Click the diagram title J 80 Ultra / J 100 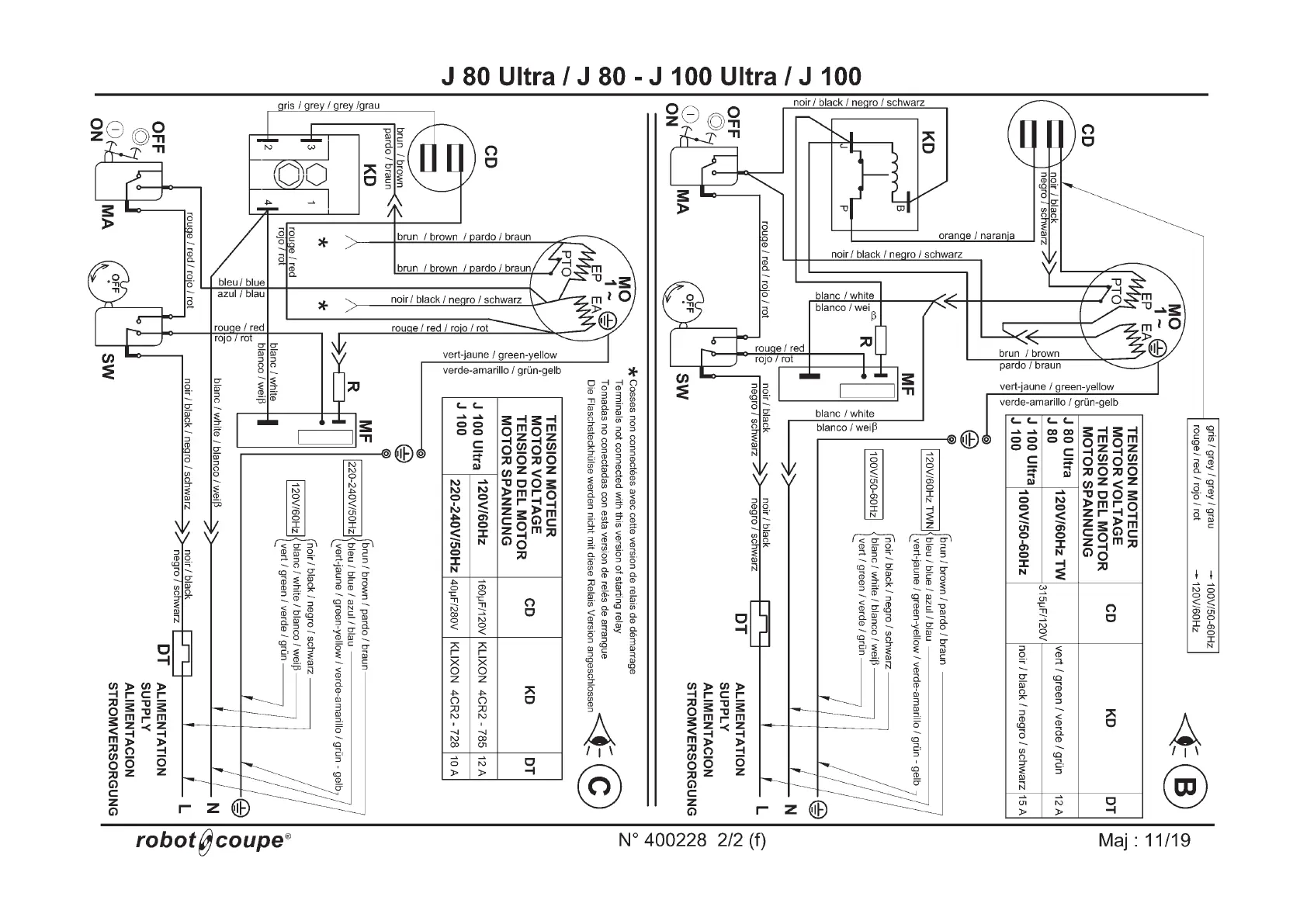650,76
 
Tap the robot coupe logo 213,840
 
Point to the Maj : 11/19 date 1144,840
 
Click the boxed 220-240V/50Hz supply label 352,497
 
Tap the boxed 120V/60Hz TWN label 927,490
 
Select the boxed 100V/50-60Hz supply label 873,484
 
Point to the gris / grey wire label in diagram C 328,106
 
